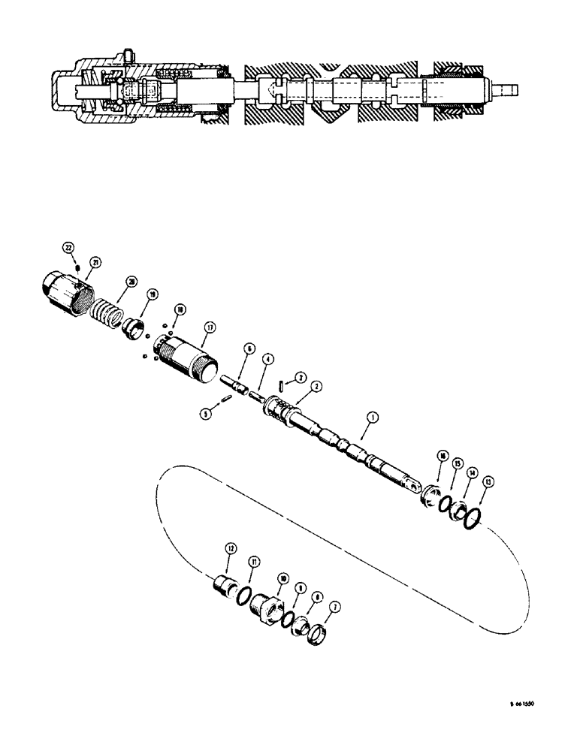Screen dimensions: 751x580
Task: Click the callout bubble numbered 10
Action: [282, 578]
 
